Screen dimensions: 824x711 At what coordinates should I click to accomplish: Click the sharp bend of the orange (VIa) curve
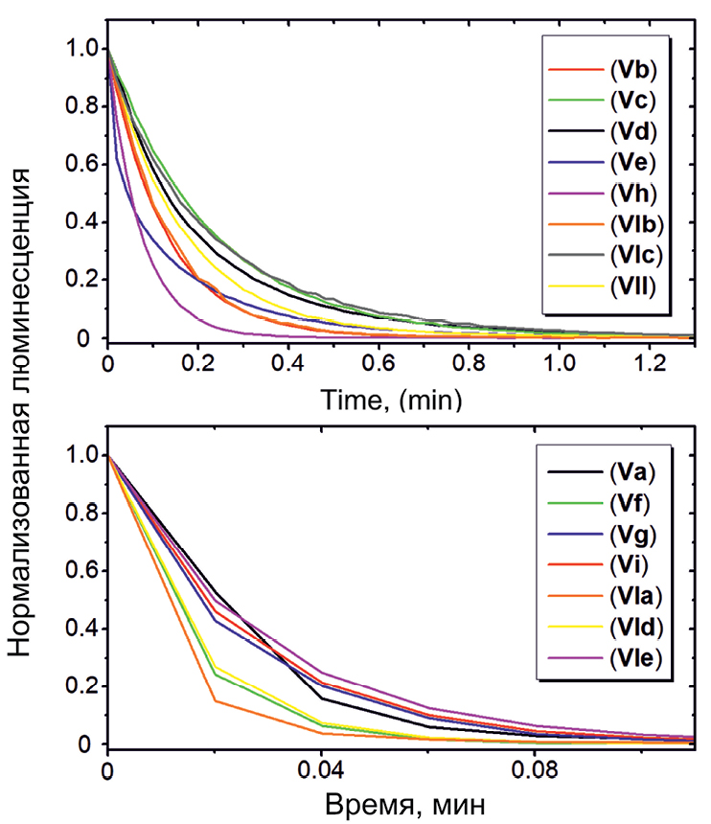click(214, 700)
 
